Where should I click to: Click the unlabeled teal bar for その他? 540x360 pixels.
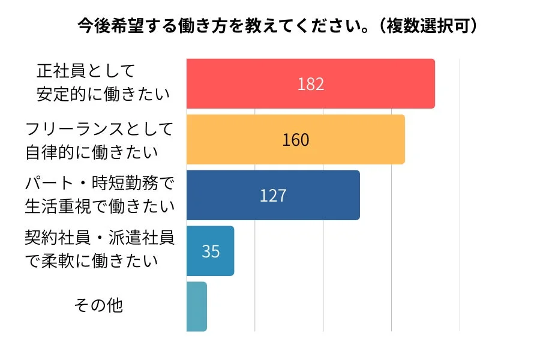197,307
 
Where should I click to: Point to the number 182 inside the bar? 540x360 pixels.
311,84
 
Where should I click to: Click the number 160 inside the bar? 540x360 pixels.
296,140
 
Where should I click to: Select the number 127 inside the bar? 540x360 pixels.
273,196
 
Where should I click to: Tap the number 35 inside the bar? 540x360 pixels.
211,251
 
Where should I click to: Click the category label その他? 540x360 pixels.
98,305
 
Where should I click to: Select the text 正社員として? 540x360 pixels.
86,71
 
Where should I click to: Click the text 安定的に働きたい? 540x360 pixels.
103,94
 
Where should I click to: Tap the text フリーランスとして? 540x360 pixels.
100,128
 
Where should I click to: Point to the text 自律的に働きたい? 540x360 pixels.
92,151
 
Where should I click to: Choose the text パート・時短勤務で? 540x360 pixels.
100,183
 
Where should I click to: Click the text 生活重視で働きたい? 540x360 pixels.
100,206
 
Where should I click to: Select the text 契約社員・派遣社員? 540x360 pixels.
100,238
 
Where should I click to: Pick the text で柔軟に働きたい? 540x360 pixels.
92,262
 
